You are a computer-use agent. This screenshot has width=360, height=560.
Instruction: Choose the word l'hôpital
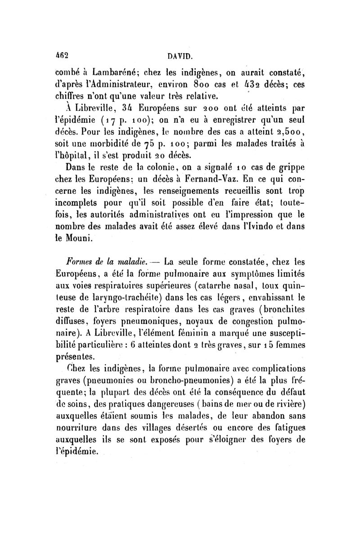coord(72,157)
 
